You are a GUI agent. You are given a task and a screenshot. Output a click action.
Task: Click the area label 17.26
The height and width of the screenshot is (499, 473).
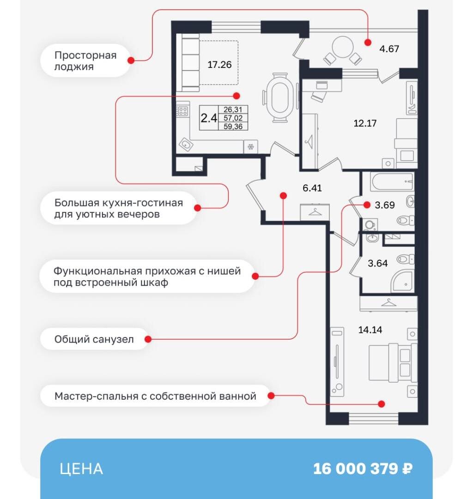tap(219, 65)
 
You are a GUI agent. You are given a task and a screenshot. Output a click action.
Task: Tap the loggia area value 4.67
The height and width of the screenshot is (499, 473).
tap(388, 48)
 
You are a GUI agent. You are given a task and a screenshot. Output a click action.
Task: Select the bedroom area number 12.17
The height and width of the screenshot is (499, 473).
tap(365, 123)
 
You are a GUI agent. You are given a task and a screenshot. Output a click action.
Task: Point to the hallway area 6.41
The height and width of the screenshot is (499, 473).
tap(312, 188)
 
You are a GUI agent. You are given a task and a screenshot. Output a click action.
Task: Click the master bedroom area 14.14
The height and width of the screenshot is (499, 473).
tap(370, 330)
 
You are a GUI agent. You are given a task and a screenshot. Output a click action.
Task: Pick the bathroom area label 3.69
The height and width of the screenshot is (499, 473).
tap(385, 205)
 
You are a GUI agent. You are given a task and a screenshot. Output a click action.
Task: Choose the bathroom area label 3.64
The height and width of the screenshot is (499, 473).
tap(377, 264)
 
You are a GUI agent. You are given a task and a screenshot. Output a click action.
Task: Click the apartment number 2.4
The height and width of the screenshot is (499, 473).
tap(209, 118)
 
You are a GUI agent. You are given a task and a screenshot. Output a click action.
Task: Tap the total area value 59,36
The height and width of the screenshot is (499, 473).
tap(233, 126)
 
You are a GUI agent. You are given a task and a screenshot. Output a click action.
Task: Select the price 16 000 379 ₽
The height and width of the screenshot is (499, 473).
tap(363, 469)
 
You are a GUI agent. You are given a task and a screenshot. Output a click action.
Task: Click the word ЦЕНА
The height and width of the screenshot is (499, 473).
tap(81, 469)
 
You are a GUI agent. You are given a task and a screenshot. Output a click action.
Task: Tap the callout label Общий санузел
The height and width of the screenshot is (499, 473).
tap(94, 339)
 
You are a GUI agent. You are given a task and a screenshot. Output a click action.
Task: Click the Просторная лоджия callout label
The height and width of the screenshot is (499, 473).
tap(85, 61)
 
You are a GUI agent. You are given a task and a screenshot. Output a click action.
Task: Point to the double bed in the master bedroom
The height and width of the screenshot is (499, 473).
tap(393, 362)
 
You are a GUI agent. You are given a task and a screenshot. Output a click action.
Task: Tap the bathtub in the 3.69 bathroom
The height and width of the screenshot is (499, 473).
tap(391, 182)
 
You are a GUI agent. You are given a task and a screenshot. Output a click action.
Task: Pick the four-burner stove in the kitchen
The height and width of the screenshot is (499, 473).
tap(183, 111)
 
